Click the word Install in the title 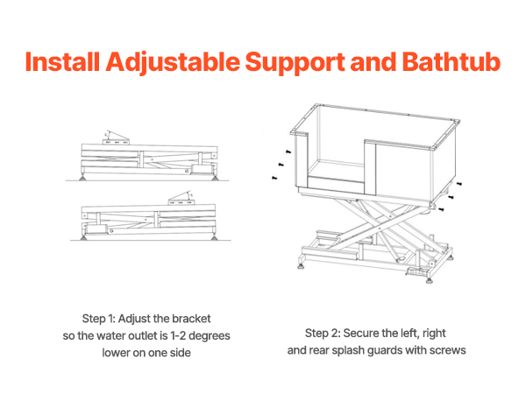(x=62, y=62)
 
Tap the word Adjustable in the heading (x=173, y=63)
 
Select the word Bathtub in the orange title (x=451, y=62)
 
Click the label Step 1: (x=99, y=319)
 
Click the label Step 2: (x=322, y=334)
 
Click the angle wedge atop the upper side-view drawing (x=116, y=137)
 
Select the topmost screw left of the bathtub (x=288, y=152)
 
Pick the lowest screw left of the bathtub (x=274, y=178)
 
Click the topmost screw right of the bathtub (x=459, y=184)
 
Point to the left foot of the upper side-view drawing (x=82, y=177)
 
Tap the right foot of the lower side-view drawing (x=214, y=237)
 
